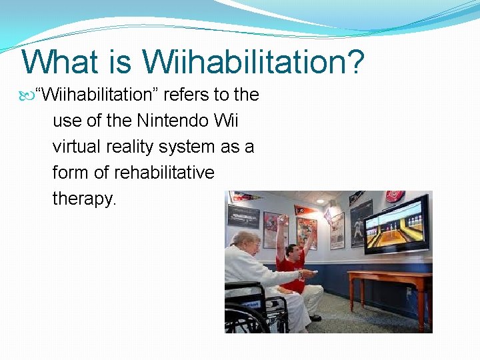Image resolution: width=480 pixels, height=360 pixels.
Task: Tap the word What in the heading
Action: [60, 61]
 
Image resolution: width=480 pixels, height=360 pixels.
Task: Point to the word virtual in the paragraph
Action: [75, 147]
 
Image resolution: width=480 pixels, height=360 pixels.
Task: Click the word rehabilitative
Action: [164, 173]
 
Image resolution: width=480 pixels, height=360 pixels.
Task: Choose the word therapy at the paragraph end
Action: [84, 199]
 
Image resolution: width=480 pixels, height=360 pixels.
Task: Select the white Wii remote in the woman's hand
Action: [308, 273]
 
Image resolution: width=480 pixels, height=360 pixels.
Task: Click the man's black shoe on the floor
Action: [315, 318]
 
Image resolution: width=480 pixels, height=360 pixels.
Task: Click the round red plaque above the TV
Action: [395, 197]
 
